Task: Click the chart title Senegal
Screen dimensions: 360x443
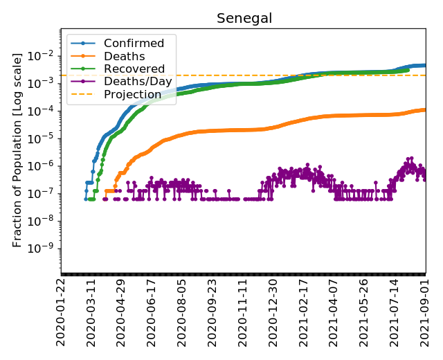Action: click(x=243, y=18)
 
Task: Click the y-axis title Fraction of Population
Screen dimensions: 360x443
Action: click(x=18, y=148)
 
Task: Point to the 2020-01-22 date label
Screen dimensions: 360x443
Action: click(x=62, y=312)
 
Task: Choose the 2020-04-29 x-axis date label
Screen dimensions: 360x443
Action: click(x=122, y=312)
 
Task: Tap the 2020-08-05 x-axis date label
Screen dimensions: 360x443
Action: click(x=183, y=312)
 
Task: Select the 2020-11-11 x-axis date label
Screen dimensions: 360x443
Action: click(x=244, y=312)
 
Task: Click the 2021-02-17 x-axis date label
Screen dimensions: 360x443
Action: click(x=305, y=312)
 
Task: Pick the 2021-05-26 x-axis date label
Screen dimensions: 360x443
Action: click(x=365, y=312)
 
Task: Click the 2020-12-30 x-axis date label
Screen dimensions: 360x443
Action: click(x=274, y=312)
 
